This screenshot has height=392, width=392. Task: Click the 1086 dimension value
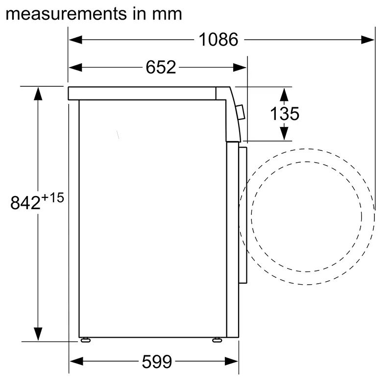(218, 39)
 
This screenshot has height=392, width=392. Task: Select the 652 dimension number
(160, 67)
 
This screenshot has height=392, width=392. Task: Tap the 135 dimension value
(284, 114)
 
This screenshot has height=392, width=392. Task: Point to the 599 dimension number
(157, 362)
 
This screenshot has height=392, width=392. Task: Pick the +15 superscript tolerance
(53, 197)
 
